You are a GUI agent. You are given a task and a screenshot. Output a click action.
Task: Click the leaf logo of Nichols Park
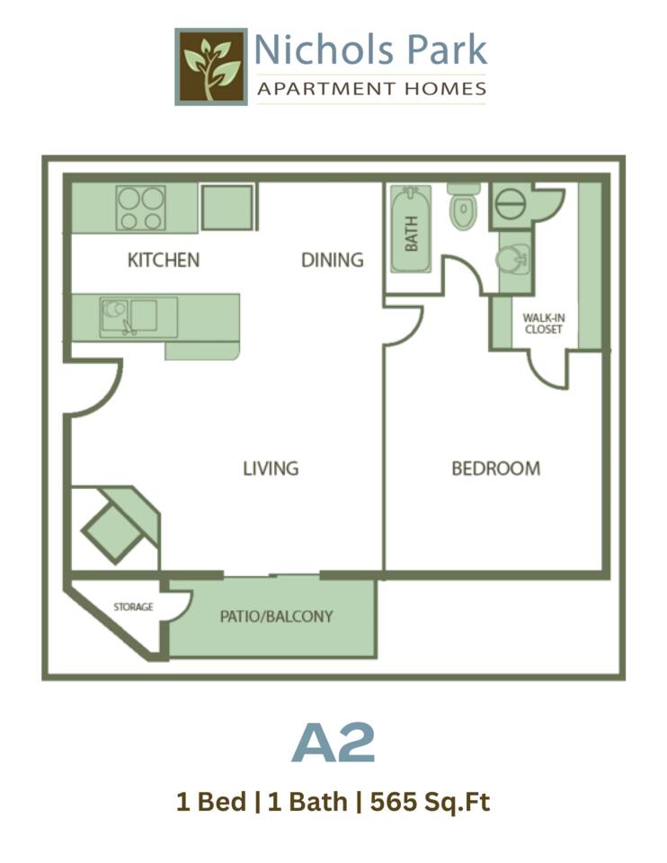(211, 66)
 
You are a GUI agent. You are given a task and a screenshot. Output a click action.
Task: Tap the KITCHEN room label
(163, 261)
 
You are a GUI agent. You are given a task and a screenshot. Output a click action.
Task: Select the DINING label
(332, 261)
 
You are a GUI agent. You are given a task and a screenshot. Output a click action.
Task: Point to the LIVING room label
(271, 468)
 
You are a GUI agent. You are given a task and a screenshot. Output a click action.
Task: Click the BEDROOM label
(495, 468)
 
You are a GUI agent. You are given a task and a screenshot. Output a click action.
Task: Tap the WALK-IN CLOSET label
(543, 324)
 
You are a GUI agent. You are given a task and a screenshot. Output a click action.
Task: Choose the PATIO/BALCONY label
(276, 617)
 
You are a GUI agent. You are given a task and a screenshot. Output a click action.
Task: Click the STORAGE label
(133, 607)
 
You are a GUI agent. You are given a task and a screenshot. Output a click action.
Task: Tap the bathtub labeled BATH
(411, 229)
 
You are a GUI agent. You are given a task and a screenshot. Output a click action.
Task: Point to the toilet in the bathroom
(462, 208)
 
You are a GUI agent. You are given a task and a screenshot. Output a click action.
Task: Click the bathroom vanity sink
(514, 258)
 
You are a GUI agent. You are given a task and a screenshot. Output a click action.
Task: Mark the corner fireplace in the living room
(115, 529)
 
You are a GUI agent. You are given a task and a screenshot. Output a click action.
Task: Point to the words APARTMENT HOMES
(371, 89)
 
